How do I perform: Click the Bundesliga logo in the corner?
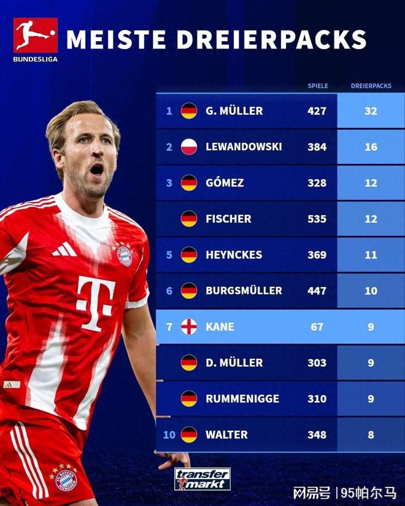pos(35,38)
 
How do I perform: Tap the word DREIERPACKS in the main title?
pos(272,39)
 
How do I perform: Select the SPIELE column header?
pos(317,86)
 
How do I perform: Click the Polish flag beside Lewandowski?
pos(189,147)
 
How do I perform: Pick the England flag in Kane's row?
pos(189,326)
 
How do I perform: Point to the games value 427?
pos(317,111)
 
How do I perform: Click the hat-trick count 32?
pos(370,111)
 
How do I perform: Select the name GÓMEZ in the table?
pos(225,183)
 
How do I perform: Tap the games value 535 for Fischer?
pos(317,218)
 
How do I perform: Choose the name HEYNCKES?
pos(234,255)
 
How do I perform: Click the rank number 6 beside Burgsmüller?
pos(169,291)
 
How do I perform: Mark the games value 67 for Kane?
pos(317,326)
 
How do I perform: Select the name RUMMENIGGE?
pos(242,399)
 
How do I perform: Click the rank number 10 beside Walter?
pos(169,435)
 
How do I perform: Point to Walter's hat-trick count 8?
pos(370,435)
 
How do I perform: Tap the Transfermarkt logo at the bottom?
pos(202,478)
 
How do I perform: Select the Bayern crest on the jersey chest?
pos(125,254)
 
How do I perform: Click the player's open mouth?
pos(97,169)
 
